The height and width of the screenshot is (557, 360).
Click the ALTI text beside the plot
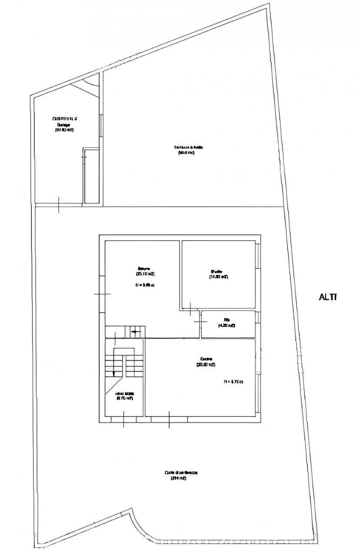click(x=328, y=297)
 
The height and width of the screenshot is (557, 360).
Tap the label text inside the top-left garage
click(x=64, y=124)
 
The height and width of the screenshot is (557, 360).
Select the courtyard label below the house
click(x=181, y=475)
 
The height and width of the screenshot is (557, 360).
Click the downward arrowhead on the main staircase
click(x=114, y=373)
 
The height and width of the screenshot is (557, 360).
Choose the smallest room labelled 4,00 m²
click(x=227, y=324)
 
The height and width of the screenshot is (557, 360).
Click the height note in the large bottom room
click(x=233, y=382)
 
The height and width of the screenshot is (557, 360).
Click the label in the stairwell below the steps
click(x=124, y=395)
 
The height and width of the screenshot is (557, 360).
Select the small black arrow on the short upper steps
click(x=135, y=332)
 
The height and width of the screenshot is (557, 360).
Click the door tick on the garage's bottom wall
click(x=59, y=205)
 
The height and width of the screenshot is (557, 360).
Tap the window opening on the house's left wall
click(x=102, y=294)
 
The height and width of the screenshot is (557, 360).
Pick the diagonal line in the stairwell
click(x=112, y=385)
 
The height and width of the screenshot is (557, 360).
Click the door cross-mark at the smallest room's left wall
click(x=200, y=321)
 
